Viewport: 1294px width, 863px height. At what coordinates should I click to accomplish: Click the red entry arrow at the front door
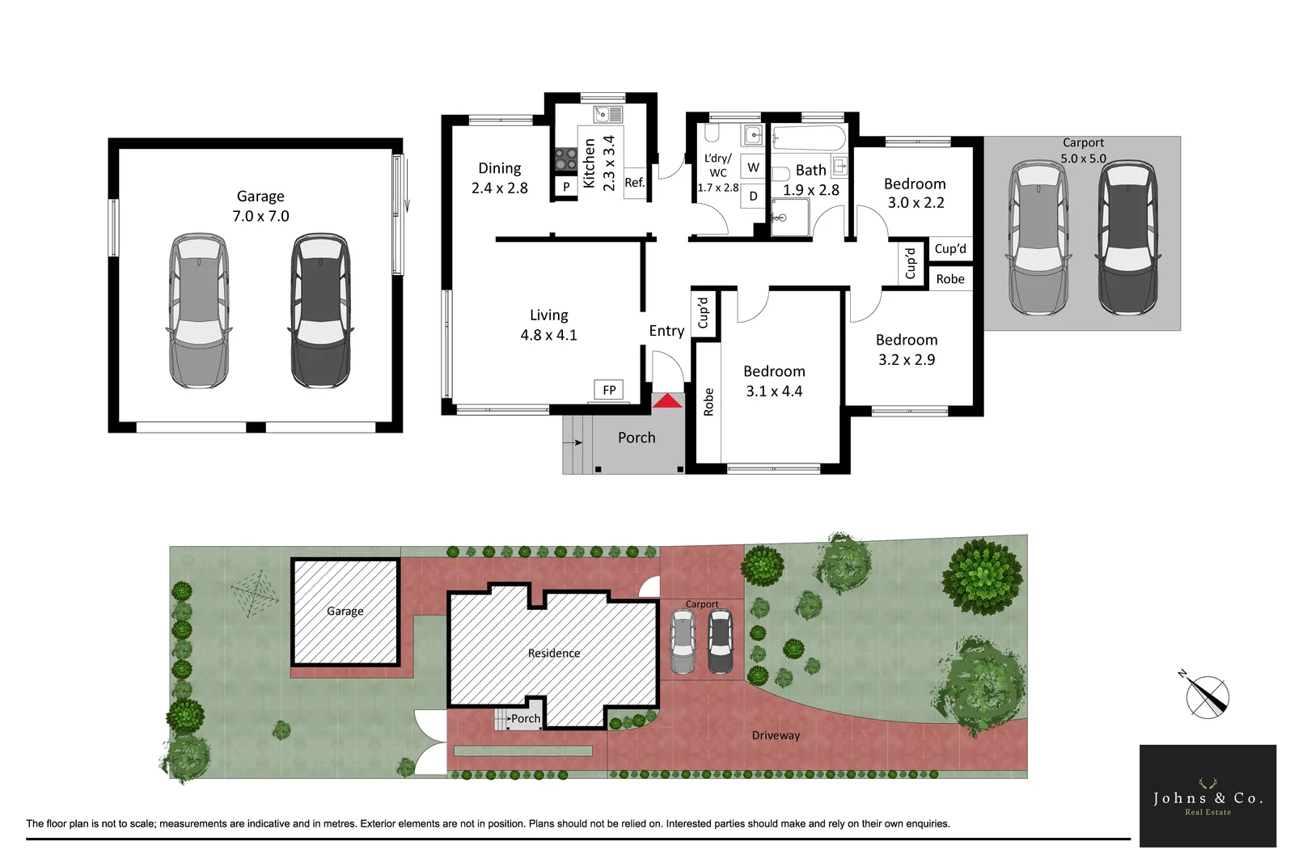pyautogui.click(x=667, y=401)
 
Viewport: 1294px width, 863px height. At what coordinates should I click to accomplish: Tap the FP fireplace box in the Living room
pyautogui.click(x=609, y=390)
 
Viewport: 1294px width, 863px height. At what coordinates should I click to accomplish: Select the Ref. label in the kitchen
pyautogui.click(x=634, y=183)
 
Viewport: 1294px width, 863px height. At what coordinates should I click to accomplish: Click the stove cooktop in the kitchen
pyautogui.click(x=565, y=159)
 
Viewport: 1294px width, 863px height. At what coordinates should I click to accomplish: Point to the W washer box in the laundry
pyautogui.click(x=753, y=167)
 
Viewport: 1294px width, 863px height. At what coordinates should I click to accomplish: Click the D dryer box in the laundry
pyautogui.click(x=753, y=196)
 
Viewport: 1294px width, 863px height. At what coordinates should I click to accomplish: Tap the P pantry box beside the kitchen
pyautogui.click(x=566, y=187)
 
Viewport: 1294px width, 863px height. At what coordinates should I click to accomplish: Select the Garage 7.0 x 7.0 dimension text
pyautogui.click(x=260, y=216)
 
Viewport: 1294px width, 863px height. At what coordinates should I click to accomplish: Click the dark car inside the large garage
pyautogui.click(x=320, y=311)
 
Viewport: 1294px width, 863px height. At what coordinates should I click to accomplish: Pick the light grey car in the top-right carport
pyautogui.click(x=1038, y=239)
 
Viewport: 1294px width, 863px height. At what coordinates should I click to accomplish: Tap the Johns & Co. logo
pyautogui.click(x=1207, y=796)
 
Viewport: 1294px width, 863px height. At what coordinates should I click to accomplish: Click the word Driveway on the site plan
pyautogui.click(x=776, y=735)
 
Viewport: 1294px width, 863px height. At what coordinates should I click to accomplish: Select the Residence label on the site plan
pyautogui.click(x=553, y=654)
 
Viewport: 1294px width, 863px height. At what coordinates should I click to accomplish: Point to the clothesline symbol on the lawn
pyautogui.click(x=256, y=594)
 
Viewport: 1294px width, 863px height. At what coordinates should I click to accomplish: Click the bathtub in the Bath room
pyautogui.click(x=809, y=138)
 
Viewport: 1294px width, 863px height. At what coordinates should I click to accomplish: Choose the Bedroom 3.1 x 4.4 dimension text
pyautogui.click(x=774, y=391)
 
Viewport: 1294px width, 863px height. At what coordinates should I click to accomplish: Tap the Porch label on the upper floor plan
pyautogui.click(x=636, y=438)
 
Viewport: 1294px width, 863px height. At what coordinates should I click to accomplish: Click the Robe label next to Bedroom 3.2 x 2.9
pyautogui.click(x=950, y=279)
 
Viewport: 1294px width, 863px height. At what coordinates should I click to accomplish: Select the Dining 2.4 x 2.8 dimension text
pyautogui.click(x=499, y=188)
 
